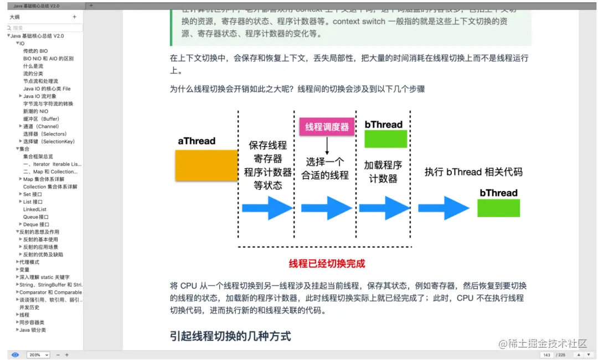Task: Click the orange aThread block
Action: (x=207, y=166)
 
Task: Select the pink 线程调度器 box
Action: (x=327, y=127)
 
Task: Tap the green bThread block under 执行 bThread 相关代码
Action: (x=498, y=208)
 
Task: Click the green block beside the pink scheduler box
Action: (x=385, y=138)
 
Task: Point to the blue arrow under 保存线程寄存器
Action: (x=268, y=208)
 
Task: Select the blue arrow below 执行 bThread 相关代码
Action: (x=444, y=208)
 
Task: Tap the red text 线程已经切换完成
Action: (x=327, y=264)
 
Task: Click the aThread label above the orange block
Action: (x=197, y=141)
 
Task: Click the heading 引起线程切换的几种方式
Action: (x=230, y=336)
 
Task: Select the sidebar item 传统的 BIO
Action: (x=35, y=51)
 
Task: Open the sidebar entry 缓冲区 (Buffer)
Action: (x=41, y=119)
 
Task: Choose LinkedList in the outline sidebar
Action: (x=35, y=209)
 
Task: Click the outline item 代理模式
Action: (x=29, y=262)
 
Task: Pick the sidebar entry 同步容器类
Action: (x=32, y=322)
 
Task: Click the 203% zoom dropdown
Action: (x=38, y=354)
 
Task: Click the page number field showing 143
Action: (x=547, y=354)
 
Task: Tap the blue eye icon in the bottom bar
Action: (x=15, y=354)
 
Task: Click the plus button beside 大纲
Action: (x=75, y=17)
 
